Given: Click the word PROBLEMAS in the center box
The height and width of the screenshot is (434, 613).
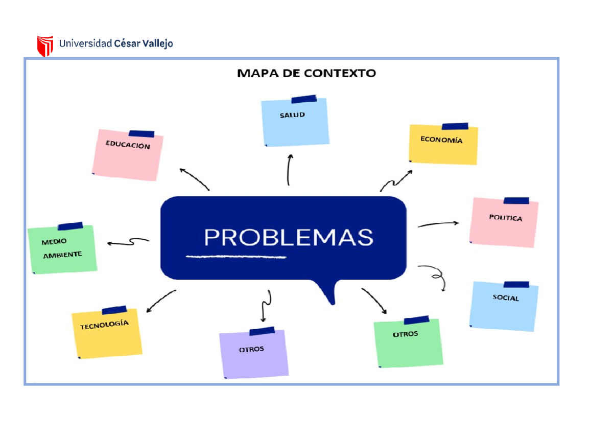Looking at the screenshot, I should point(289,238).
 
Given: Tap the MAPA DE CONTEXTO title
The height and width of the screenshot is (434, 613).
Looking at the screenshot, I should point(306,73).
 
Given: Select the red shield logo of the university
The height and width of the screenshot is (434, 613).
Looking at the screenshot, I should point(45,45).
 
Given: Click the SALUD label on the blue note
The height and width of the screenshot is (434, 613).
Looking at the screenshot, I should point(292,115).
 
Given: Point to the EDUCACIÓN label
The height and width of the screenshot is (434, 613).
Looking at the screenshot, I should point(128,145).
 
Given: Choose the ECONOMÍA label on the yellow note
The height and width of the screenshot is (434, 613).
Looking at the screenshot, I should point(441,140).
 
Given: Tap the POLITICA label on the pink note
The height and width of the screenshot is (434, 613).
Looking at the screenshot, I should point(505,218).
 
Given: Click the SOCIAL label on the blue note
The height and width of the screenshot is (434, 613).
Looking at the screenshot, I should point(506,298).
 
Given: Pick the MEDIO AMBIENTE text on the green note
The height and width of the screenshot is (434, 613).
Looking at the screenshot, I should point(61,248).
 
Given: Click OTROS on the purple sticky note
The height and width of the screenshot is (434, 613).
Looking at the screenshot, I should point(251,349).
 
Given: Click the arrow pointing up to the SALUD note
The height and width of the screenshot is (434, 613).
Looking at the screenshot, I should point(289,169).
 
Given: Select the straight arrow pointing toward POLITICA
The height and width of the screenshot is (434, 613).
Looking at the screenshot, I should point(438,224).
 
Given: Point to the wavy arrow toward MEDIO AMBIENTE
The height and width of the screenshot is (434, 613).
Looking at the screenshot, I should point(128,242).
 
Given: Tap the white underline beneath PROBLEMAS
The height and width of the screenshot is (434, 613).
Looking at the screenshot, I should point(236,256).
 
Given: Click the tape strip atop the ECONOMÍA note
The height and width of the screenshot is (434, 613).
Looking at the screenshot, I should point(455,126).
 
